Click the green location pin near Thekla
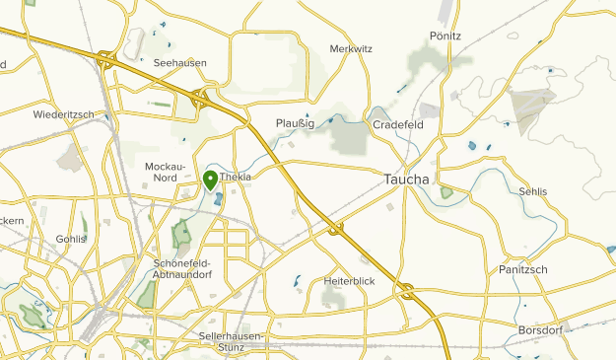click(x=210, y=180)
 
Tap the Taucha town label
click(x=404, y=180)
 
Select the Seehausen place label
click(x=180, y=63)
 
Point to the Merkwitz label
click(x=350, y=48)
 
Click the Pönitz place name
click(x=445, y=36)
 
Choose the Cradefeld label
click(x=397, y=125)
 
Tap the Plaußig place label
click(x=296, y=123)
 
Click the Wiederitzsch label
click(x=63, y=114)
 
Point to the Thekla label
click(x=237, y=177)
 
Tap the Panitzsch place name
click(x=523, y=269)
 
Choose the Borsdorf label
click(x=539, y=329)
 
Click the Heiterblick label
click(x=350, y=281)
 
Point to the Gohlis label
click(x=71, y=239)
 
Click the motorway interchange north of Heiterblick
click(x=336, y=230)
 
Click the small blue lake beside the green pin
click(x=218, y=199)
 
